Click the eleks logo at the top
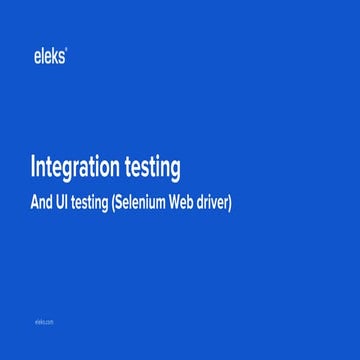click(x=50, y=57)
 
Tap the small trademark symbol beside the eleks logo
click(x=67, y=51)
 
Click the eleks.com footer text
click(x=43, y=322)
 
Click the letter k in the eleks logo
click(x=56, y=57)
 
